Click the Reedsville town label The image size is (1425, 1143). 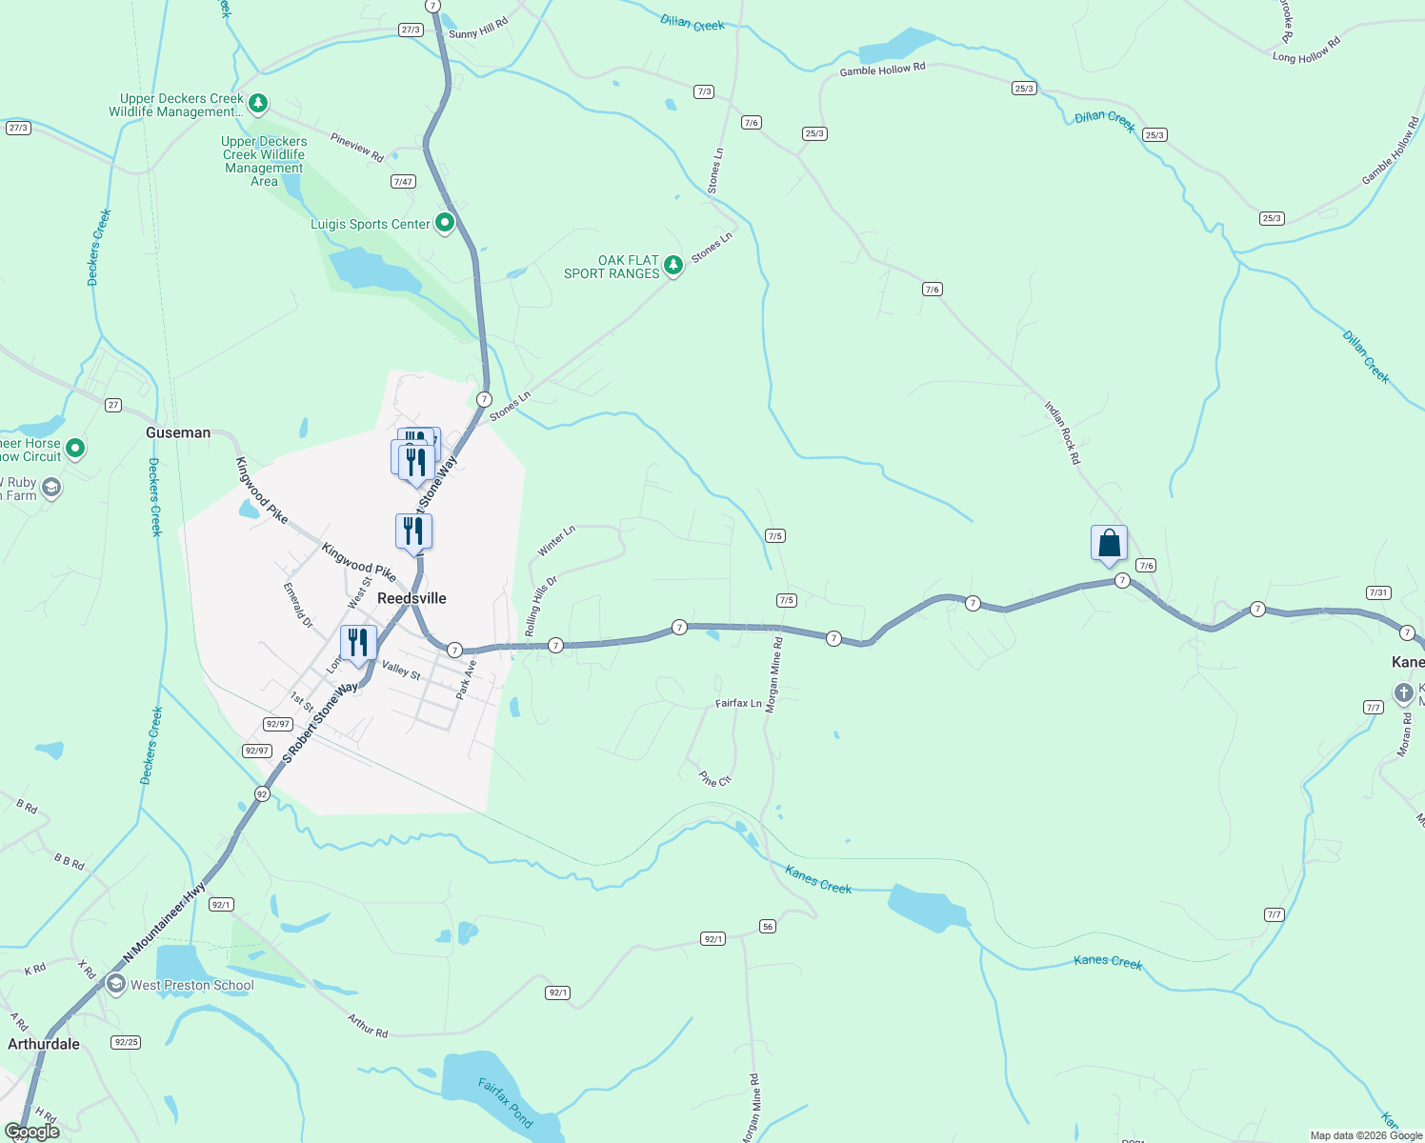point(411,598)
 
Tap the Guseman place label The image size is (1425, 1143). point(178,432)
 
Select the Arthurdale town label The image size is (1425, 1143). point(44,1044)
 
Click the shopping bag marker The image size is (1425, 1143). point(1109,544)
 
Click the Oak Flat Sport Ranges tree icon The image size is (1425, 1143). point(673,265)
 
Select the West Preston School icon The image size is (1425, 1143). point(116,985)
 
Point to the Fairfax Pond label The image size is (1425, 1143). point(505,1102)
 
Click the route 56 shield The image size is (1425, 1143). point(768,927)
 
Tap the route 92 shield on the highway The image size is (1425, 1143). point(262,793)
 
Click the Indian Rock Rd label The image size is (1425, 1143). point(1062,432)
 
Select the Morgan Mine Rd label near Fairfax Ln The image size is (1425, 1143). point(774,675)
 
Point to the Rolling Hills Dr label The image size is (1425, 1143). point(540,606)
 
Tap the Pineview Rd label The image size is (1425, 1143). point(357,147)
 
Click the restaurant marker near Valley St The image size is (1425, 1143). point(358,643)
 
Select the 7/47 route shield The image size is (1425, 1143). point(403,181)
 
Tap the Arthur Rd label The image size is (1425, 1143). point(368,1026)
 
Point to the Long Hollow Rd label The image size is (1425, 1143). point(1306,50)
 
